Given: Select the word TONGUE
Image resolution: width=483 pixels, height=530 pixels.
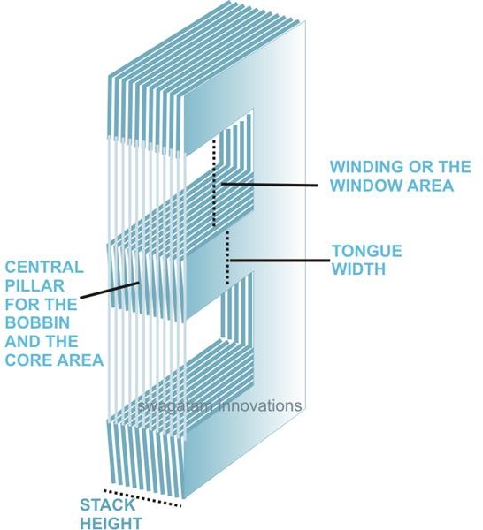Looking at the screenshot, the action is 367,251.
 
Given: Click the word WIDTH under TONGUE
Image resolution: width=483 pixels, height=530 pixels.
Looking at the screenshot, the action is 359,269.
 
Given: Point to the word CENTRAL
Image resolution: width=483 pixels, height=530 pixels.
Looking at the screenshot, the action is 44,267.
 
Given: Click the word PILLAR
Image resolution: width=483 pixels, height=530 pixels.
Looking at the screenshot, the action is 34,285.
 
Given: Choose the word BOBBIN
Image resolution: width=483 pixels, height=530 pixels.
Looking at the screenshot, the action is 37,322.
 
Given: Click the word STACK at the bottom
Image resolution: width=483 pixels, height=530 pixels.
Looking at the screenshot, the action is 108,505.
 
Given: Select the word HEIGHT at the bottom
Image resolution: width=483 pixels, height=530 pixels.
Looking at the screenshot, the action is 111,523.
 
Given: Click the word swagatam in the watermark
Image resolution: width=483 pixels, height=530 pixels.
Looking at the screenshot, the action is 176,406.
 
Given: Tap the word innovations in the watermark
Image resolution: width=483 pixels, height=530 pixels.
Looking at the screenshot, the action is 260,405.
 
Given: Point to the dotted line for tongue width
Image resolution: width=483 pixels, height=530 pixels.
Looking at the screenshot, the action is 227,258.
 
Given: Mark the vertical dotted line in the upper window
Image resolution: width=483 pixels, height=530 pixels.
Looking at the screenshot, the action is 213,183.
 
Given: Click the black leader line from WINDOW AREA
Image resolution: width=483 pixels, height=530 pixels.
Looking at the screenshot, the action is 269,185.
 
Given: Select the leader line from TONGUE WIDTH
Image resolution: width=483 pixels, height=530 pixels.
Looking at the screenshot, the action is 279,261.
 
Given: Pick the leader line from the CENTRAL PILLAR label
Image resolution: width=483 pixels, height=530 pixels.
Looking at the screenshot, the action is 110,291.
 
